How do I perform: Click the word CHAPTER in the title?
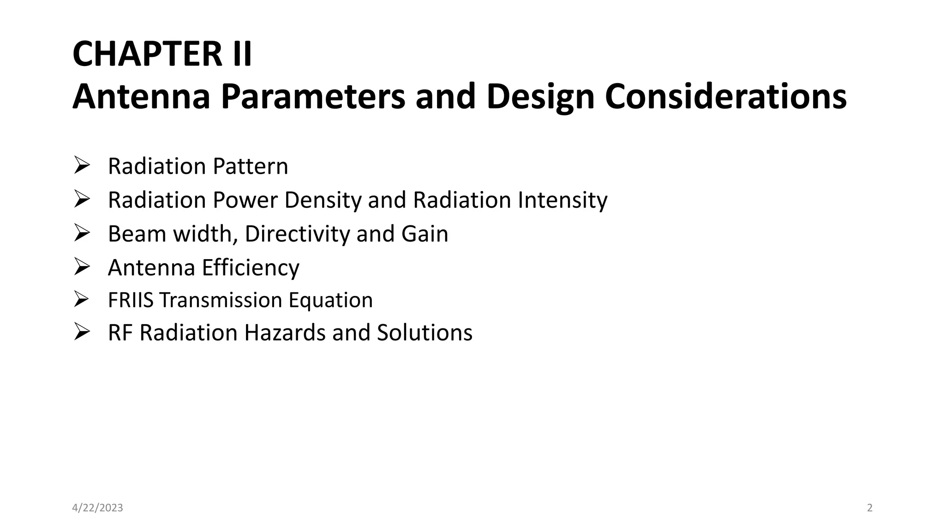pyautogui.click(x=148, y=54)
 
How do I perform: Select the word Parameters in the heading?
pyautogui.click(x=312, y=97)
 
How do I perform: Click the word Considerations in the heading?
pyautogui.click(x=725, y=97)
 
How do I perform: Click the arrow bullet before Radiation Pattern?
pyautogui.click(x=81, y=165)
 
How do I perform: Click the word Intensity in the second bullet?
pyautogui.click(x=562, y=200)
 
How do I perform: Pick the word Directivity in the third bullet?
pyautogui.click(x=298, y=234)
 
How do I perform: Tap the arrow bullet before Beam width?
pyautogui.click(x=81, y=233)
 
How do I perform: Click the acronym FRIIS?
pyautogui.click(x=131, y=300)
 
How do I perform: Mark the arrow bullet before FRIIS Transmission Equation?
pyautogui.click(x=81, y=299)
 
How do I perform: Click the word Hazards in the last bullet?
pyautogui.click(x=285, y=332)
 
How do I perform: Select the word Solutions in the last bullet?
pyautogui.click(x=425, y=332)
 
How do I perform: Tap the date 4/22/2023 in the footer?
pyautogui.click(x=98, y=508)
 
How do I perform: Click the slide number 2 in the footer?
pyautogui.click(x=870, y=508)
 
